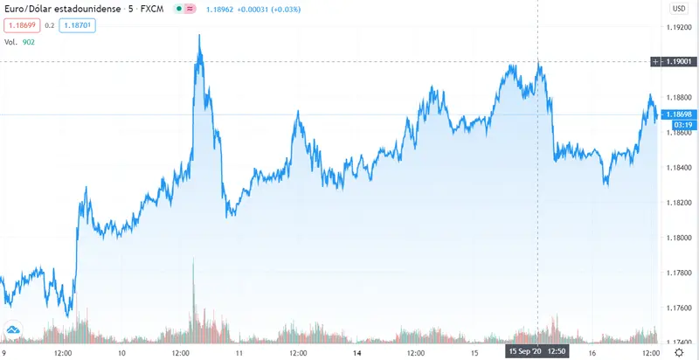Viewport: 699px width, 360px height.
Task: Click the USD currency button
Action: tap(678, 9)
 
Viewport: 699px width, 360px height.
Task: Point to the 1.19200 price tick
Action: tap(678, 28)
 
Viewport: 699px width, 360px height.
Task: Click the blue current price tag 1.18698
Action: tap(678, 114)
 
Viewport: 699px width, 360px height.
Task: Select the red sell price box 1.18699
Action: tap(23, 26)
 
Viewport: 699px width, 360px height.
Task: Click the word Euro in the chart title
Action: tap(17, 9)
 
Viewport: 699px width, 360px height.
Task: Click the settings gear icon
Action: tap(678, 351)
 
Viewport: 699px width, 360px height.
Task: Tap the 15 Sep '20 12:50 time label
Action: tap(537, 351)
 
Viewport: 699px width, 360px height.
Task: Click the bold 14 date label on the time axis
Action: tap(357, 351)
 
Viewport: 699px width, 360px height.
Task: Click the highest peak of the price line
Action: tap(200, 36)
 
